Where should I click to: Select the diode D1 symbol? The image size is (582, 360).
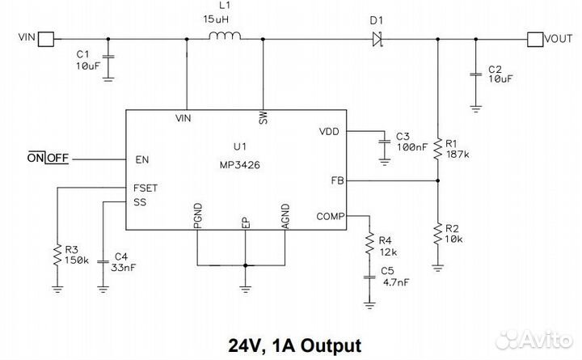376,37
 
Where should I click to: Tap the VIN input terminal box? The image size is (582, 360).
47,37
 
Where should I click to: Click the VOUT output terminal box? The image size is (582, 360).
534,37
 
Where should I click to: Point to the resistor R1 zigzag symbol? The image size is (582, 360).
437,147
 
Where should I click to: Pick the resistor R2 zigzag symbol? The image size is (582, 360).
437,234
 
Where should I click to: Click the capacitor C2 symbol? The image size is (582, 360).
476,75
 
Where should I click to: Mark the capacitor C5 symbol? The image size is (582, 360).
369,277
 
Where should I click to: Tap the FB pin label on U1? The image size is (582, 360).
337,180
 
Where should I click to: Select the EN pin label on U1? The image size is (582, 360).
141,159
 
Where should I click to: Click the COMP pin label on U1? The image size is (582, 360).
330,215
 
